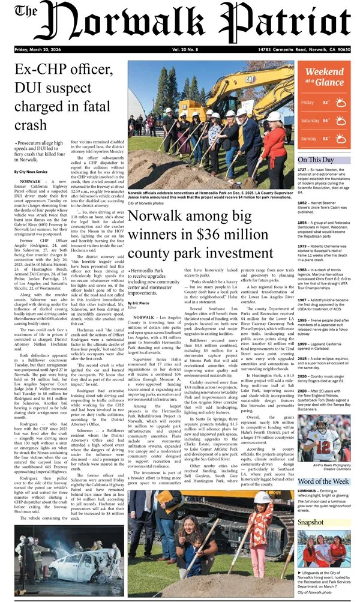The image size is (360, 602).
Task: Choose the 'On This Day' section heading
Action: coord(316,160)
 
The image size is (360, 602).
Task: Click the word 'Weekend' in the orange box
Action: coord(325,73)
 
